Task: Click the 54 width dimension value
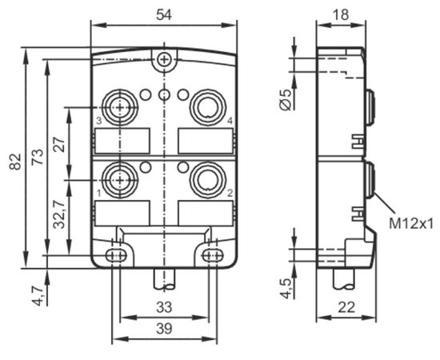tap(163, 14)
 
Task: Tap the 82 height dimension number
tap(15, 162)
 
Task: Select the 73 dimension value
tap(38, 157)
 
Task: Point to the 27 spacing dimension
tap(59, 145)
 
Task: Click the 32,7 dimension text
tap(59, 214)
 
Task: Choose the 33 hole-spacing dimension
tap(164, 307)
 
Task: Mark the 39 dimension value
tap(164, 329)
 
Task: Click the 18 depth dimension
tap(341, 14)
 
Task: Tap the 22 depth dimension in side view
tap(346, 307)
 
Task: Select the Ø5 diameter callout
tap(286, 100)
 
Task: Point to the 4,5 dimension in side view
tap(286, 289)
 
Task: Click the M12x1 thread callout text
tap(412, 224)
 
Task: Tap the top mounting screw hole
tap(164, 59)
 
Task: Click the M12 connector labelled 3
tap(120, 107)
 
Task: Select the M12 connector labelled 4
tap(208, 107)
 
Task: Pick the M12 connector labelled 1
tap(120, 179)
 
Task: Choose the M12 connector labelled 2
tap(208, 179)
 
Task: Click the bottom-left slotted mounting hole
tap(116, 255)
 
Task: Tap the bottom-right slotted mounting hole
tap(213, 255)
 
